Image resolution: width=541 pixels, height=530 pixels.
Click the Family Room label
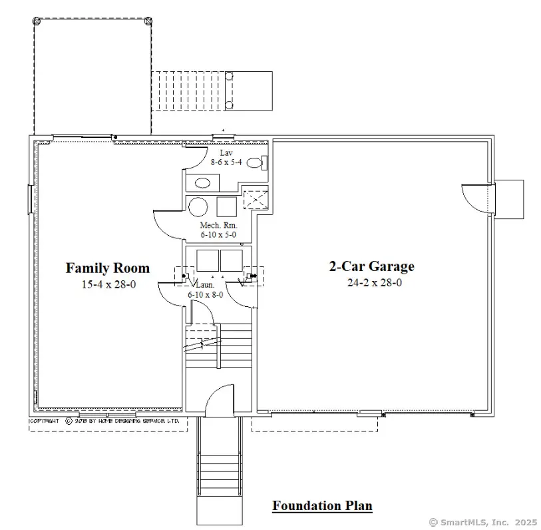(107, 268)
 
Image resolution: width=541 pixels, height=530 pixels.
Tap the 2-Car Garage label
(371, 266)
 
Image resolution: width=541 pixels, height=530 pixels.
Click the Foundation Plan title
(322, 506)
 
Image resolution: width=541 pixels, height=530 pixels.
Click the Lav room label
(226, 152)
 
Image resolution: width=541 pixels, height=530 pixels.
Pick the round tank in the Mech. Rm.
(198, 206)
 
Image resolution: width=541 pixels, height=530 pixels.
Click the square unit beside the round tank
(227, 206)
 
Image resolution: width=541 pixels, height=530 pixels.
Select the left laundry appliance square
(205, 260)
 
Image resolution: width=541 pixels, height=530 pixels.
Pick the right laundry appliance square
(232, 260)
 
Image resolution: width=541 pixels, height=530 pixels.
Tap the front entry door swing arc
(218, 399)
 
